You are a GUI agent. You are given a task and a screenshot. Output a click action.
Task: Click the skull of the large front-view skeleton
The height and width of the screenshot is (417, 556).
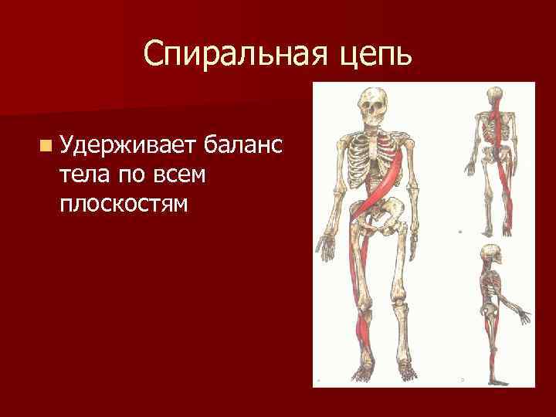[372, 105]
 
